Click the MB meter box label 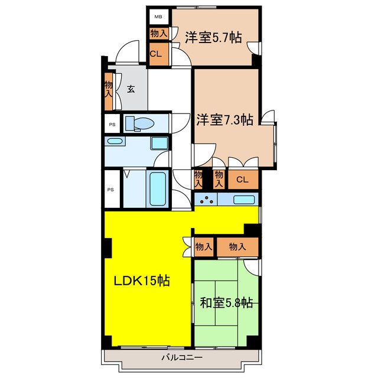pyautogui.click(x=158, y=17)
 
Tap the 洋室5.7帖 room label pyautogui.click(x=213, y=37)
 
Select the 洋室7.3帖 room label pyautogui.click(x=224, y=120)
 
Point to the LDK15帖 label pyautogui.click(x=142, y=281)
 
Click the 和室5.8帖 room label pyautogui.click(x=226, y=303)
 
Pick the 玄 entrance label pyautogui.click(x=131, y=89)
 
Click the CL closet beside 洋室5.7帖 pyautogui.click(x=155, y=54)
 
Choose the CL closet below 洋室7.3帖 pyautogui.click(x=242, y=180)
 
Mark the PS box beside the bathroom pyautogui.click(x=110, y=189)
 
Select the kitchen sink pyautogui.click(x=245, y=200)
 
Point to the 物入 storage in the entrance pyautogui.click(x=109, y=89)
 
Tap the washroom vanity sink pyautogui.click(x=115, y=142)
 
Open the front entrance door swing pyautogui.click(x=127, y=56)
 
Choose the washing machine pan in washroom pyautogui.click(x=158, y=143)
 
